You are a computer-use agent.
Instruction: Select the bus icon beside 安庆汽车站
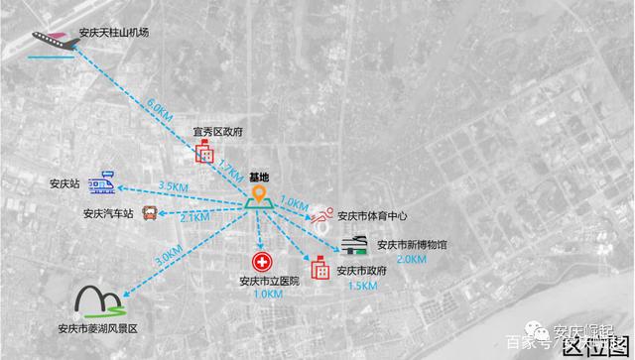pyautogui.click(x=150, y=211)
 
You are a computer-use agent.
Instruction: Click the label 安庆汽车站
pyautogui.click(x=107, y=213)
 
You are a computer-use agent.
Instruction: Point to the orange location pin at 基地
pyautogui.click(x=260, y=193)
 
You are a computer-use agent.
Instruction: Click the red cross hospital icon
pyautogui.click(x=262, y=262)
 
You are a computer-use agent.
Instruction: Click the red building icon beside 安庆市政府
pyautogui.click(x=320, y=268)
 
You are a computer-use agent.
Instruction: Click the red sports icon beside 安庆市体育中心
pyautogui.click(x=321, y=214)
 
